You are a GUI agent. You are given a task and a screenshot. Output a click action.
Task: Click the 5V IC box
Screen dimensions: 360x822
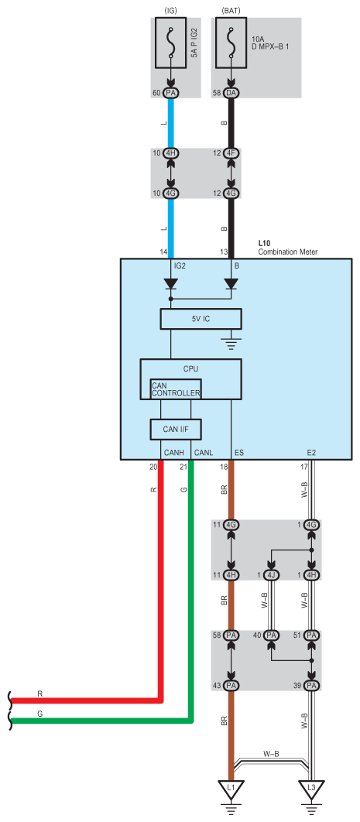pyautogui.click(x=201, y=319)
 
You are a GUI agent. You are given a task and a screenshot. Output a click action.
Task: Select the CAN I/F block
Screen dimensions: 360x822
pyautogui.click(x=176, y=430)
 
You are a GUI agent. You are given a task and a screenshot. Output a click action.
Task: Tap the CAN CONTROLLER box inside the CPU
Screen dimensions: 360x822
pyautogui.click(x=176, y=389)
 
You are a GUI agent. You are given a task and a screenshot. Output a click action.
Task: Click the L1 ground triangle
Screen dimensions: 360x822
pyautogui.click(x=230, y=788)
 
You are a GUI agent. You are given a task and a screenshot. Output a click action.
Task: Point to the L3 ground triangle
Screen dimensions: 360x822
pyautogui.click(x=311, y=788)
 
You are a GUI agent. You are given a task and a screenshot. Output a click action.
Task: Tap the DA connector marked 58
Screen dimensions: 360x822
pyautogui.click(x=231, y=93)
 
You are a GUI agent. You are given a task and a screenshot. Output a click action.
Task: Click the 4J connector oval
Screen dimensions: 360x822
pyautogui.click(x=271, y=574)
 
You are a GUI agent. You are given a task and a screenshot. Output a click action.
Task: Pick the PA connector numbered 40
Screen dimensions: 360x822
pyautogui.click(x=271, y=635)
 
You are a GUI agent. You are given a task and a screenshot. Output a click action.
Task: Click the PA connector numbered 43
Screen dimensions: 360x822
pyautogui.click(x=231, y=685)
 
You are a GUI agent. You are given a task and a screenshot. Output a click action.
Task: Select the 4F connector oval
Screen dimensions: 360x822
pyautogui.click(x=231, y=153)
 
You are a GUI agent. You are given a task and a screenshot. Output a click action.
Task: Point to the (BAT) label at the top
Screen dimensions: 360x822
pyautogui.click(x=231, y=11)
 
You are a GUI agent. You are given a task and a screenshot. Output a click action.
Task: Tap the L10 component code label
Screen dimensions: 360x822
pyautogui.click(x=265, y=245)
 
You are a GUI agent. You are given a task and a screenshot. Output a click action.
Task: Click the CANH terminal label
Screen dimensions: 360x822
pyautogui.click(x=173, y=452)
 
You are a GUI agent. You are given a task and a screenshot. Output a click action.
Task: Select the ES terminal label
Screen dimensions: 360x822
pyautogui.click(x=239, y=452)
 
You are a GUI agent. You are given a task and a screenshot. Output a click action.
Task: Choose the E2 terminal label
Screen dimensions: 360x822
pyautogui.click(x=311, y=452)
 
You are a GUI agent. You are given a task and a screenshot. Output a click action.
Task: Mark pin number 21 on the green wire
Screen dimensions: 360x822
pyautogui.click(x=183, y=467)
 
